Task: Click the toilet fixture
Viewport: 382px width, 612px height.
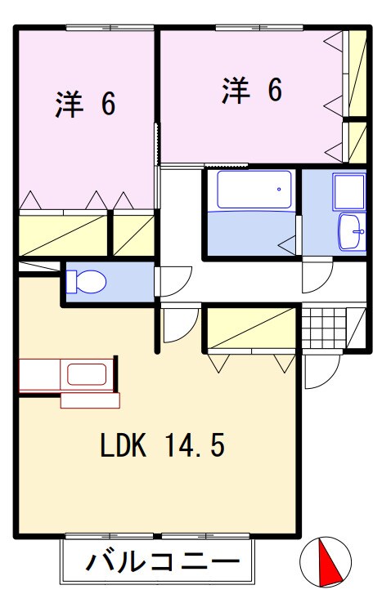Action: tap(86, 281)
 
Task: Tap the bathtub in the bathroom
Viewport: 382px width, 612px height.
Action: tap(254, 190)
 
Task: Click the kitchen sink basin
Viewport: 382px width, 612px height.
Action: tap(87, 374)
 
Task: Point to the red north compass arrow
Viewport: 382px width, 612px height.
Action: tap(329, 561)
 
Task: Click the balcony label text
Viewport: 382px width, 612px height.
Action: tap(163, 561)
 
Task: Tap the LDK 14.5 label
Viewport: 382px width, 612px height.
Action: tap(163, 445)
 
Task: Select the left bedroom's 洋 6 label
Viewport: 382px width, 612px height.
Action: tap(85, 105)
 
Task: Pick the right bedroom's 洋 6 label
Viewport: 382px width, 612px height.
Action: tap(252, 91)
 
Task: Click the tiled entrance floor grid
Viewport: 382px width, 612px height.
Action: tap(324, 328)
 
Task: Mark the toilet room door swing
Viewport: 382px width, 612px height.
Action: tap(173, 281)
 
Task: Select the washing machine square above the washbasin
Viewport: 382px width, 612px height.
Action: tap(349, 192)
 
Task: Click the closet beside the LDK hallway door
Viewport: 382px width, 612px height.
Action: tap(251, 328)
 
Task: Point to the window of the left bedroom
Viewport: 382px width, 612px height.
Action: tap(110, 27)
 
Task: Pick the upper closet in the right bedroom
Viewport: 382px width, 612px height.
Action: tap(357, 73)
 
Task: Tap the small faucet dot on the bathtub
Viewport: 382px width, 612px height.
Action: tap(279, 190)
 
